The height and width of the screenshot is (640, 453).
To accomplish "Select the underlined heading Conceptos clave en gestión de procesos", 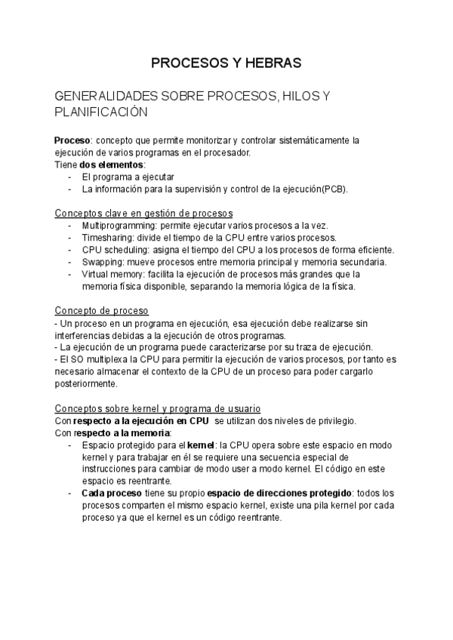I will click(x=144, y=213).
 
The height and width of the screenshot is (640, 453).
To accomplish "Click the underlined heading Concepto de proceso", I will click(x=102, y=310).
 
